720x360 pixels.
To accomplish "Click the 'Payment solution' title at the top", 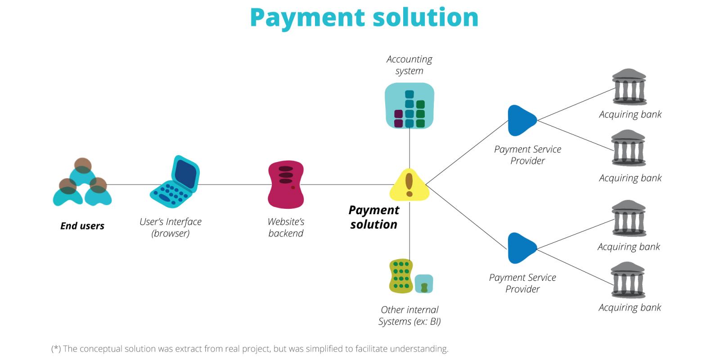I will click(x=364, y=18).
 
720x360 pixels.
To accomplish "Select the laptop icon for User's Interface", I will click(x=175, y=182).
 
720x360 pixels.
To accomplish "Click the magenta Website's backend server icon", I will click(x=286, y=184).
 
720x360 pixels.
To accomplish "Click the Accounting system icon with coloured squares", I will click(x=409, y=106).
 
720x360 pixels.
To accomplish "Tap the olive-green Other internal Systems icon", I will click(x=401, y=276).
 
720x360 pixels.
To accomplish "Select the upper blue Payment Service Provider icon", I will click(x=521, y=120).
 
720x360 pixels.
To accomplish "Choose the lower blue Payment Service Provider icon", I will click(x=521, y=248).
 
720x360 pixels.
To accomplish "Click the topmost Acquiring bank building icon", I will click(x=629, y=87).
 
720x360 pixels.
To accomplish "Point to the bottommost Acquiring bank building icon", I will click(x=628, y=280).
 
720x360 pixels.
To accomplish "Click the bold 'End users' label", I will click(x=82, y=226).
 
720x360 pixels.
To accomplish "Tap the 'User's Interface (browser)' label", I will click(x=171, y=227).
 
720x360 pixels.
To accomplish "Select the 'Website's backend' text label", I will click(x=286, y=227).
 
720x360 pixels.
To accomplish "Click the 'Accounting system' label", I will click(x=409, y=65).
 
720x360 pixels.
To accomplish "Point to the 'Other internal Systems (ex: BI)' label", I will click(x=409, y=315).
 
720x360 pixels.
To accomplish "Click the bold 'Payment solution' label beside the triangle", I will click(x=374, y=217).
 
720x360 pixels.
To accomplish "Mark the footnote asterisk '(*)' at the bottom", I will click(x=56, y=349).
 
